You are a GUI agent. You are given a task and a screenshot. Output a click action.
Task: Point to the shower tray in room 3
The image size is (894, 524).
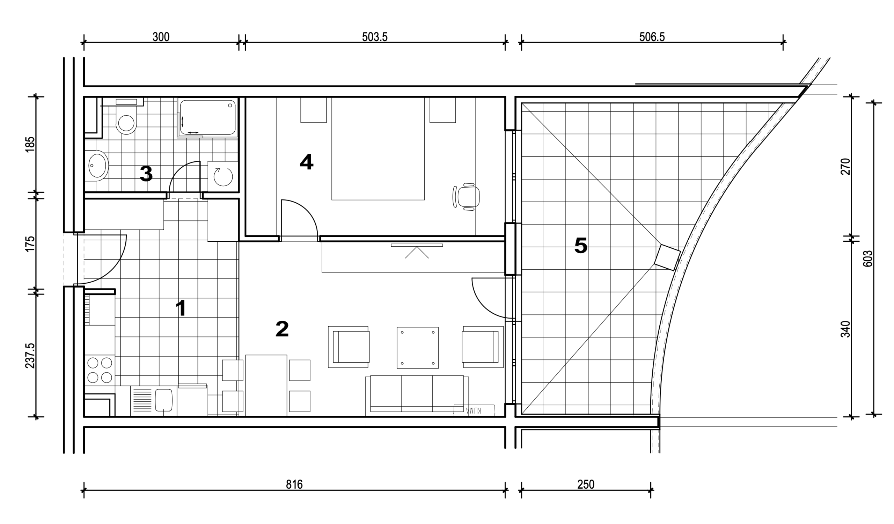point(207,117)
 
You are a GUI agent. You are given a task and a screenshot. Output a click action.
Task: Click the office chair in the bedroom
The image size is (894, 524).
point(467,197)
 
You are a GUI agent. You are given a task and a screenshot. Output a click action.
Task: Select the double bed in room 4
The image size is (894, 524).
point(378,149)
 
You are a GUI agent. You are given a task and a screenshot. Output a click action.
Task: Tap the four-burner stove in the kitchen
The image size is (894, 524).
point(100,370)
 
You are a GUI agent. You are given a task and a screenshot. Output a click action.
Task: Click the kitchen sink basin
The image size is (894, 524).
point(164,400)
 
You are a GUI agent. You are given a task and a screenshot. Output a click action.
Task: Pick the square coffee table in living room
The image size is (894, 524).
point(418,348)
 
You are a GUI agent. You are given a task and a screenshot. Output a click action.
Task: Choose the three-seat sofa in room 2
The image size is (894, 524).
point(417,395)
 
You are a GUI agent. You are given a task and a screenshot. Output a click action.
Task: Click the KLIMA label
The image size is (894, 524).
point(474,410)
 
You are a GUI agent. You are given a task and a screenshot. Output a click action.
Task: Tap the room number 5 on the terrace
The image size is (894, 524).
point(581,246)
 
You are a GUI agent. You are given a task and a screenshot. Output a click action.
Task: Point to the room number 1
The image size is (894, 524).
point(181,308)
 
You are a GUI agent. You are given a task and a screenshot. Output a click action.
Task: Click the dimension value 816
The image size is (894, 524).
point(294,484)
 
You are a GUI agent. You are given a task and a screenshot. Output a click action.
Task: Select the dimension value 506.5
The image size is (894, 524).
point(652,37)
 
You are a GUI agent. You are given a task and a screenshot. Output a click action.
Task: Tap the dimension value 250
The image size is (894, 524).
point(586,484)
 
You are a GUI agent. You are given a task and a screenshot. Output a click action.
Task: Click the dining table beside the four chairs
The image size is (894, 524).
point(266,385)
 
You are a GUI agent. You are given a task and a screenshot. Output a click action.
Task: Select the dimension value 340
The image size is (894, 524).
point(845,329)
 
